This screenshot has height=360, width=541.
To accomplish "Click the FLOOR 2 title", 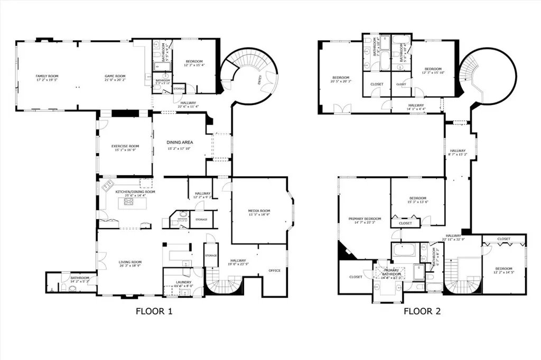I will click(422, 311).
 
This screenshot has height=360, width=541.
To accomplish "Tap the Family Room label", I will click(46, 76).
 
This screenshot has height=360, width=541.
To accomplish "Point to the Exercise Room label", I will click(125, 146).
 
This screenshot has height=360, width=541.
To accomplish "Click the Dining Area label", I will click(180, 143).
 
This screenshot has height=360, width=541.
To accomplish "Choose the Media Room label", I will click(259, 211).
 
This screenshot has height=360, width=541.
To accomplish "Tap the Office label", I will click(274, 270).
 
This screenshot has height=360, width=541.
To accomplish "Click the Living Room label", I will click(129, 262).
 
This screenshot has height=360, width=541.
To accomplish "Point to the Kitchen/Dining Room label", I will click(135, 192).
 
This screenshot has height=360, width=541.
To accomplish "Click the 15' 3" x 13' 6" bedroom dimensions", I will click(417, 202).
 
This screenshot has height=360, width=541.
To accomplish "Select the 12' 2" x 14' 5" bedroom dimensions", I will click(503, 272).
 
